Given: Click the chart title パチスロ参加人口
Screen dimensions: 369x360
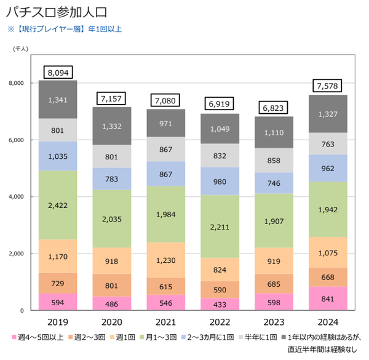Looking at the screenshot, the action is tap(57, 12).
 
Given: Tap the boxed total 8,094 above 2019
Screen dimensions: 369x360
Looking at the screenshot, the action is tap(58, 72).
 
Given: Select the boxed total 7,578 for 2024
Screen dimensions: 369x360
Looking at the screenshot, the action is tap(327, 86).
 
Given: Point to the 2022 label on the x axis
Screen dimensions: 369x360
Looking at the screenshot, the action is tap(220, 322).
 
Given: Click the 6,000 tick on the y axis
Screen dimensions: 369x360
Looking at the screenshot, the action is tap(16, 140).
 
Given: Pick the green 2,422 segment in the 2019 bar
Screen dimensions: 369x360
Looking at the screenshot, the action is tap(58, 205).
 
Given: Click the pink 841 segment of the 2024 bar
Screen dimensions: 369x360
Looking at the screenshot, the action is tap(328, 298).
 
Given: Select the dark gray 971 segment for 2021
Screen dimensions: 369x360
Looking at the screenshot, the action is tap(166, 123).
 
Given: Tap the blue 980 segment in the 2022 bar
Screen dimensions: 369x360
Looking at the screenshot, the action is tap(220, 182).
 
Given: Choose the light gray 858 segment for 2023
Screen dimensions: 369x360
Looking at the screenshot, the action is tap(274, 161).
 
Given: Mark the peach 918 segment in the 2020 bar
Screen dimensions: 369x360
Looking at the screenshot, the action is tap(112, 261).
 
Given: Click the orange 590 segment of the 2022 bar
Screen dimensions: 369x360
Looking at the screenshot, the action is tap(220, 290).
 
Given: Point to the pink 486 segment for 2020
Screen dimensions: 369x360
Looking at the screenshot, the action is tap(112, 303).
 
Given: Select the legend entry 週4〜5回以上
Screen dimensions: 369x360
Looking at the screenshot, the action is tap(38, 337).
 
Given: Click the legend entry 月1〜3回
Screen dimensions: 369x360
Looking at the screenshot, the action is tap(158, 337).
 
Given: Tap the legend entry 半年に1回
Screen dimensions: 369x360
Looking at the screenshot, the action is tap(258, 337).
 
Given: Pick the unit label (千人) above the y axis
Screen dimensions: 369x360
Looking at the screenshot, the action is tap(21, 49).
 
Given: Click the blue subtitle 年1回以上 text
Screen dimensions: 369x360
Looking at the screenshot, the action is tap(105, 29).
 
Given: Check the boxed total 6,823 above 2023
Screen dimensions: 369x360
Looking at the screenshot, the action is tap(273, 108).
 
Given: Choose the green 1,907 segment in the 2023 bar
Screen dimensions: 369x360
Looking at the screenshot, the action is tap(274, 221).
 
